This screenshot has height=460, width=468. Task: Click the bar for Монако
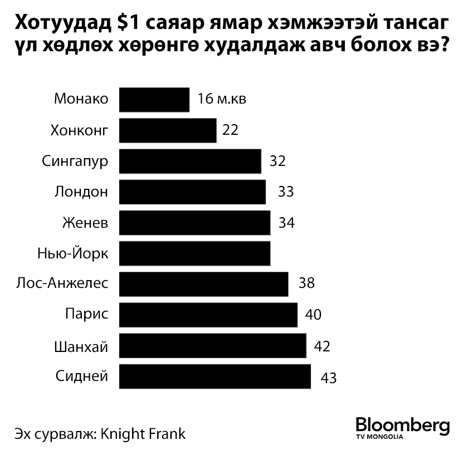(154, 100)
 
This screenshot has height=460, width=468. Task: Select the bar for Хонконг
(168, 130)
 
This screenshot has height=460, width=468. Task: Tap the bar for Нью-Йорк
(194, 253)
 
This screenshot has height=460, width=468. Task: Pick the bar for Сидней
(214, 376)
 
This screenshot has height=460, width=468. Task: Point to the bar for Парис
(208, 315)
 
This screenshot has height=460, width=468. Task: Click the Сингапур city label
(75, 162)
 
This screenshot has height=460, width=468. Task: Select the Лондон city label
(81, 192)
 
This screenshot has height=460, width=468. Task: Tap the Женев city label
(86, 223)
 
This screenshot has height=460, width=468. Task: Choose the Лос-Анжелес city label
(62, 284)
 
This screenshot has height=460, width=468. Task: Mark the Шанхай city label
(80, 347)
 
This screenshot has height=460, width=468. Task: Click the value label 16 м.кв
(221, 100)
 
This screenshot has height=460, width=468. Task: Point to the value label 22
(230, 130)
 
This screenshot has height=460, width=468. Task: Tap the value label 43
(329, 378)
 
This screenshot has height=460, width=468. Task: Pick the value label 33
(285, 192)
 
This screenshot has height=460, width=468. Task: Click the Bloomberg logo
(402, 425)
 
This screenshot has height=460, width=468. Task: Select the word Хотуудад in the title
(61, 24)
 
